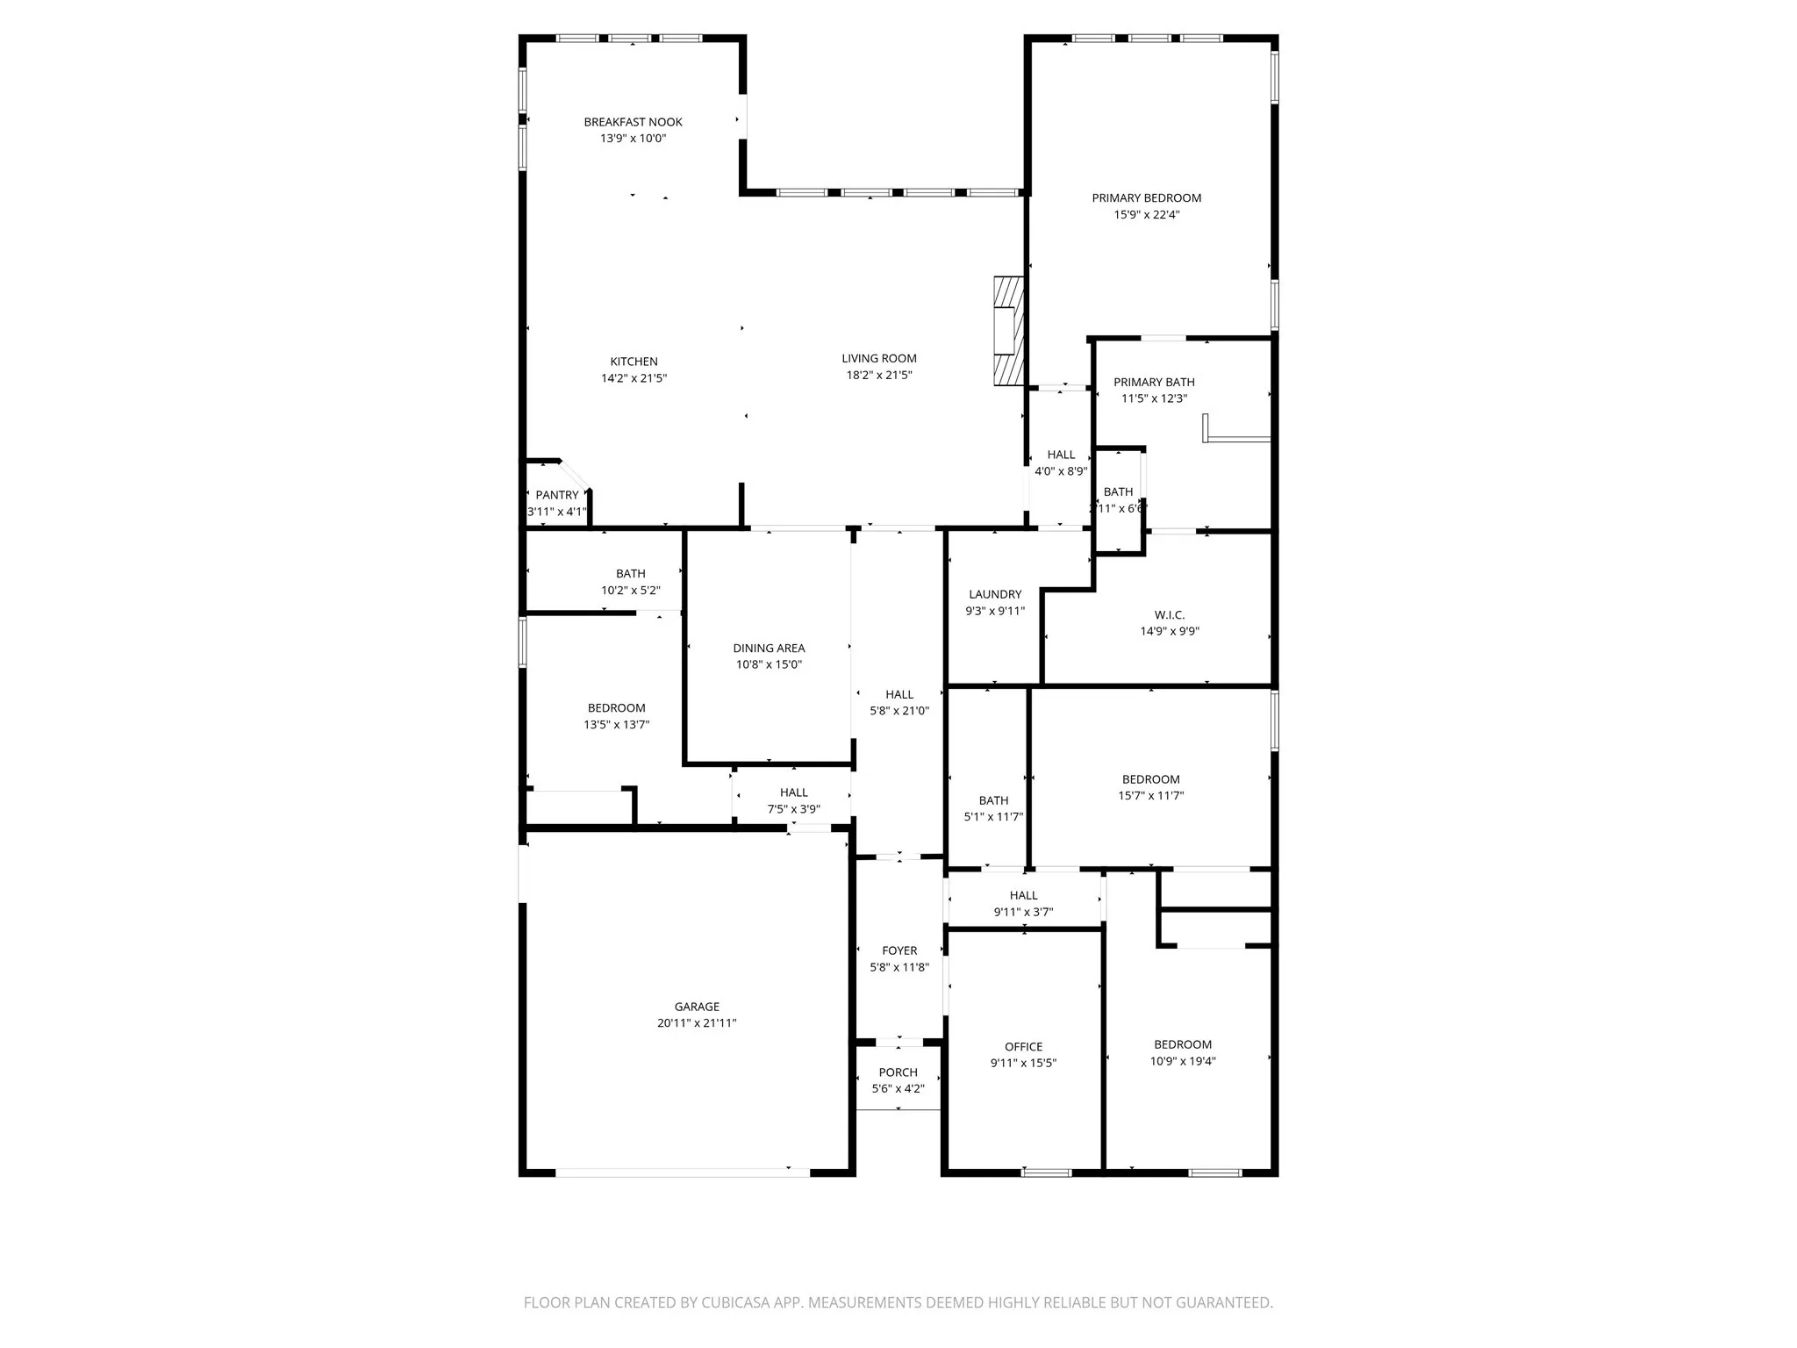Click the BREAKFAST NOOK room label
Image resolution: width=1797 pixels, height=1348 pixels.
coord(633,122)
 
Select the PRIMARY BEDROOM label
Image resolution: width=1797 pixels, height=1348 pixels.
coord(1146,198)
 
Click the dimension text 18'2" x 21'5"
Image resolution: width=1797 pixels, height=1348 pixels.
coord(878,376)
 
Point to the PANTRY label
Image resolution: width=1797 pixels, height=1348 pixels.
coord(557,495)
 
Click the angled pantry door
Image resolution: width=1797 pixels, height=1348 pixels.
coord(575,474)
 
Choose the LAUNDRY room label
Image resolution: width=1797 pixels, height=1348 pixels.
coord(995,594)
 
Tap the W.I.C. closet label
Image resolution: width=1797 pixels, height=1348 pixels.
coord(1170,615)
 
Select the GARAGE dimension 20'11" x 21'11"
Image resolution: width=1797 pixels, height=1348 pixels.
coord(697,1023)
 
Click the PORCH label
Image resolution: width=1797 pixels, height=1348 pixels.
coord(898,1072)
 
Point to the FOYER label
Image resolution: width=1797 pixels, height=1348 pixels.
coord(899,950)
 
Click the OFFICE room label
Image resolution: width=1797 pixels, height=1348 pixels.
coord(1023,1047)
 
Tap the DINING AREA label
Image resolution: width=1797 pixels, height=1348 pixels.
coord(769,649)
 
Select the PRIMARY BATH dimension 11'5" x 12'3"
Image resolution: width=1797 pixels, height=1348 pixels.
coord(1154,398)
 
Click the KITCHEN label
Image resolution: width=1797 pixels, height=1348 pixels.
coord(634,362)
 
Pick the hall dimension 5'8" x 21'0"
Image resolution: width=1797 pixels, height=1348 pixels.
coord(899,711)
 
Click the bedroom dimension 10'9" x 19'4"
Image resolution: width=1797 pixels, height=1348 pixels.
coord(1183,1061)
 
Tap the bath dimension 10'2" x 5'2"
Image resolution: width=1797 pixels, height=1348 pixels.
coord(630,591)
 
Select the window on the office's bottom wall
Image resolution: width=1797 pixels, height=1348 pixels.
coord(1047,1172)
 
